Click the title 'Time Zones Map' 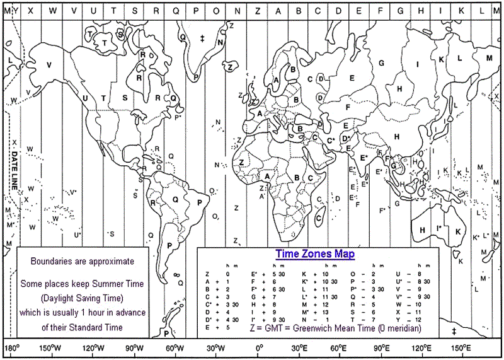tap(315, 254)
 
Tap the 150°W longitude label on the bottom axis tap(50, 349)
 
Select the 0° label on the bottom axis tap(259, 349)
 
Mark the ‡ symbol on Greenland tap(202, 39)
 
